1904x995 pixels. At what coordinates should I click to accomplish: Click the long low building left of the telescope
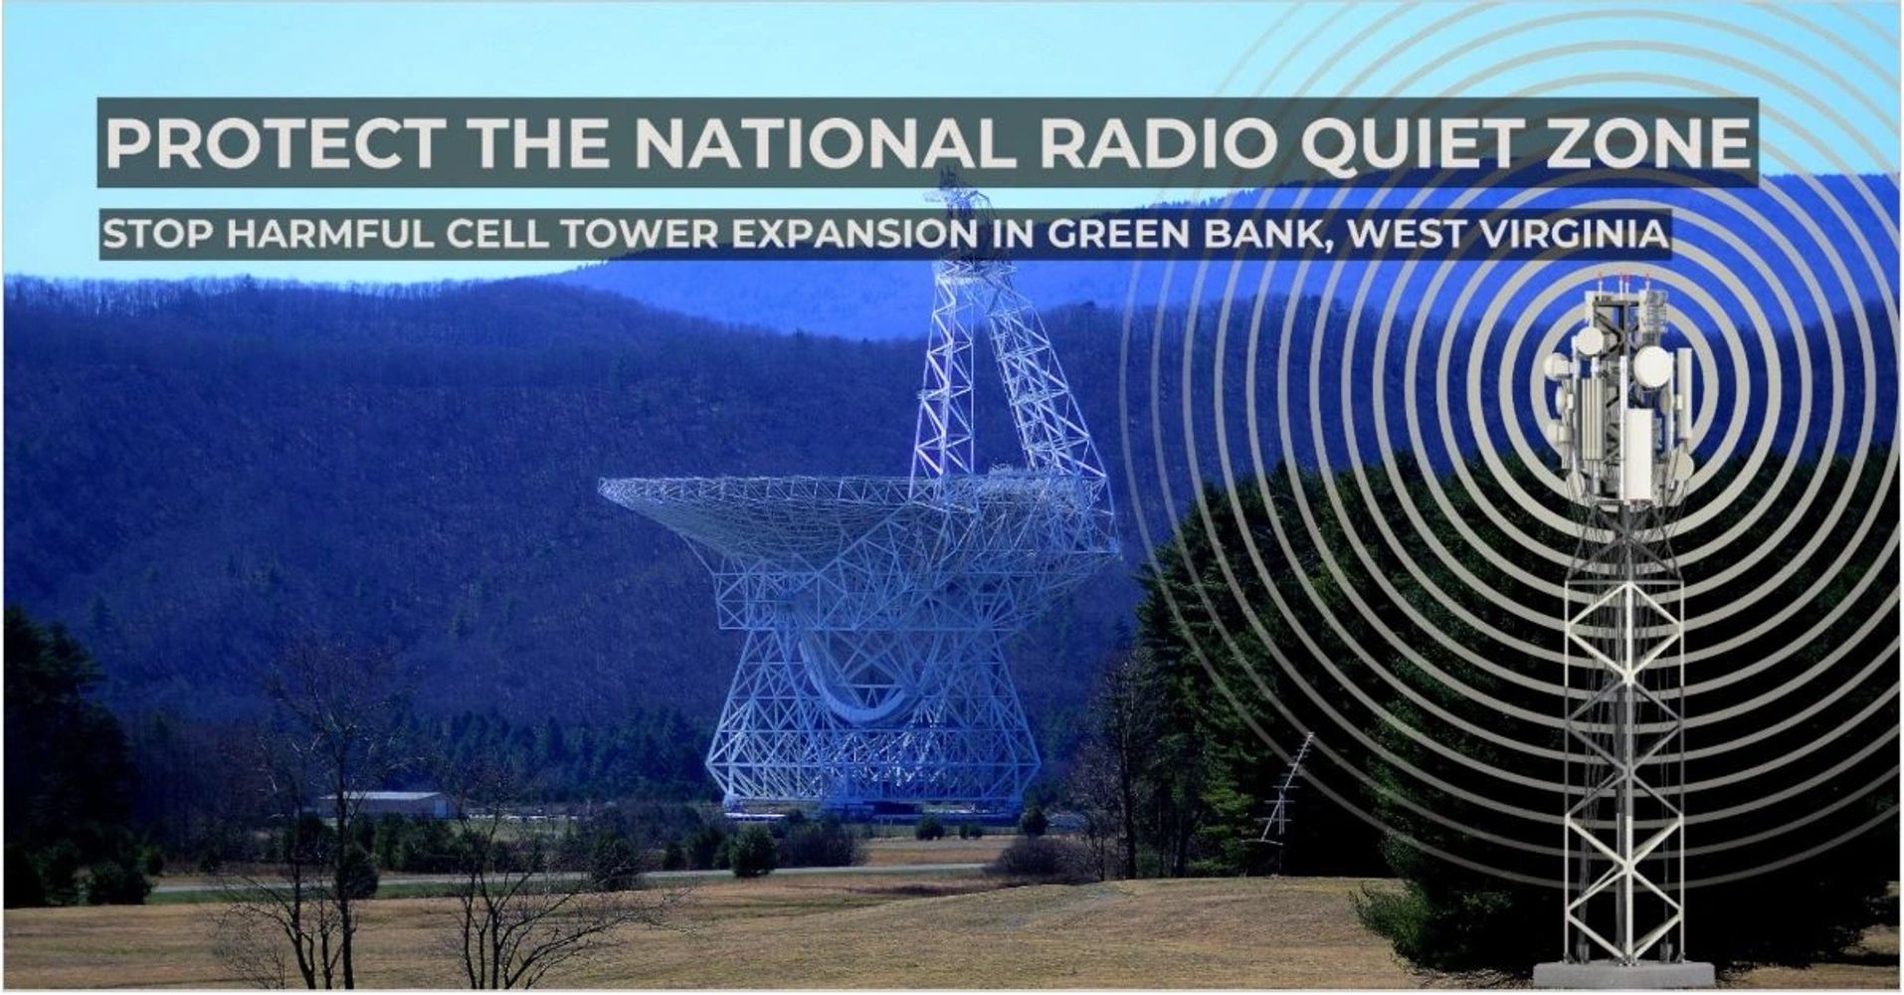(x=383, y=804)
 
